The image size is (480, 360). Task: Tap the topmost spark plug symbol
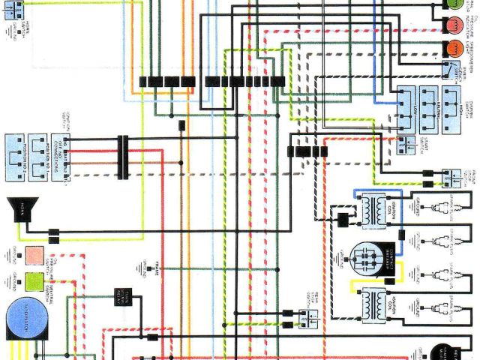pos(438,205)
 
